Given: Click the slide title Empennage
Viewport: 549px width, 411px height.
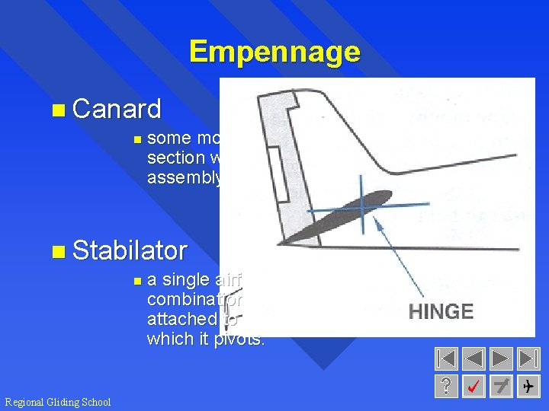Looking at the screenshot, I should point(274,52).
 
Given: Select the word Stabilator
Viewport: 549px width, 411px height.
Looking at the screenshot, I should point(130,250).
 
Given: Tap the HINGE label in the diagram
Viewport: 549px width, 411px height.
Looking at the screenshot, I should point(441,311).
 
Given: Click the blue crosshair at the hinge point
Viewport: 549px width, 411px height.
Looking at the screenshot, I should point(362,203).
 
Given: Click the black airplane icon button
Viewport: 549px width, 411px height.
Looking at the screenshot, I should point(528,387).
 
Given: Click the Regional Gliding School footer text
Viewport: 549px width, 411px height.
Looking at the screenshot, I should point(57,402).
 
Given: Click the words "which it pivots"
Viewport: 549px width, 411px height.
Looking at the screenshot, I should point(206,339).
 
